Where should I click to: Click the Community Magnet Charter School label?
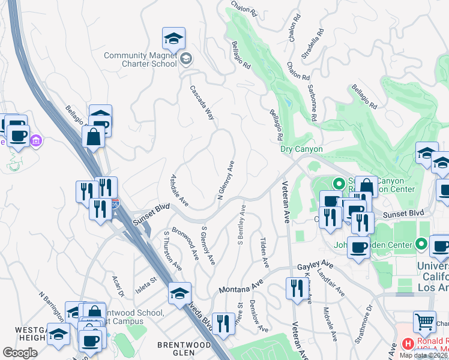coord(140,59)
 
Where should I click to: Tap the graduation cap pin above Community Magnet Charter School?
coord(173,39)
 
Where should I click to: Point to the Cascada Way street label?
coord(202,103)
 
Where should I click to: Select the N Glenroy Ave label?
coord(226,180)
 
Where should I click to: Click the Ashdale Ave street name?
coord(180,190)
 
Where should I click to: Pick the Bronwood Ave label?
coord(185,243)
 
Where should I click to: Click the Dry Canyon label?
coord(301,149)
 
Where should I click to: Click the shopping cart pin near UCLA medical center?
coord(424,323)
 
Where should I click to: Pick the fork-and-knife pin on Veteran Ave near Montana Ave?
coord(296,289)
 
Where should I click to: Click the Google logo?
coord(20,353)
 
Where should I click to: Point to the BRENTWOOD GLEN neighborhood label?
coord(184,345)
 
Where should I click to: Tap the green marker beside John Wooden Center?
coord(421,244)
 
